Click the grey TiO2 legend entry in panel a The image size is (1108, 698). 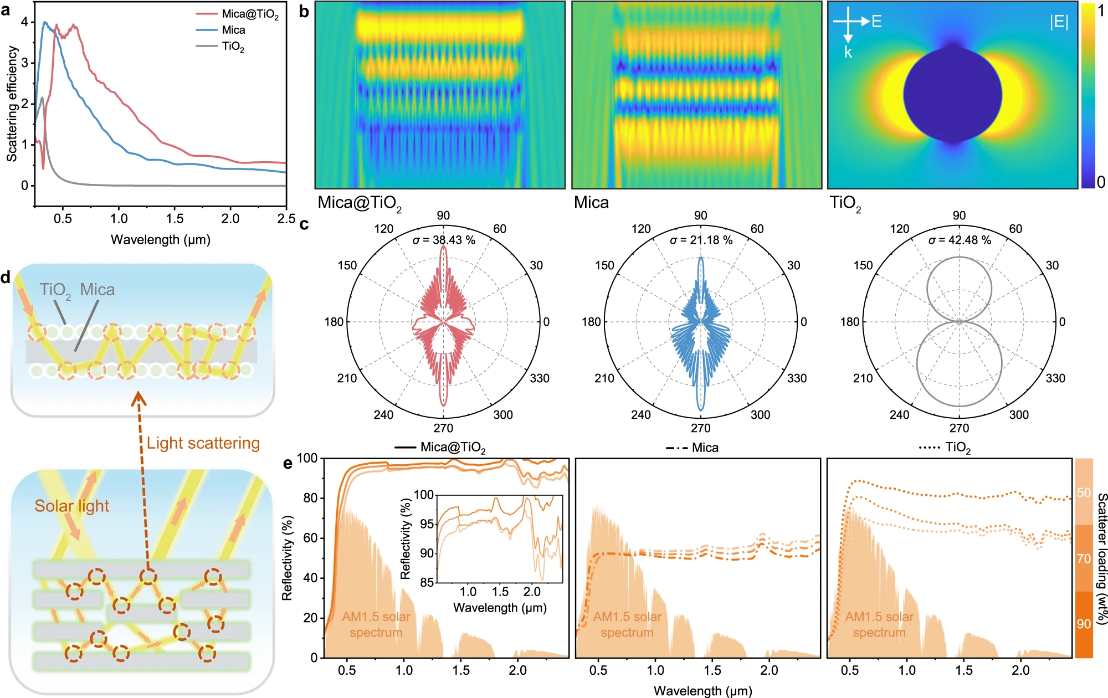pyautogui.click(x=233, y=47)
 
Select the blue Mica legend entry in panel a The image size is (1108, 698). pyautogui.click(x=233, y=30)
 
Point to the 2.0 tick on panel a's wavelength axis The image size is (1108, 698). pyautogui.click(x=230, y=219)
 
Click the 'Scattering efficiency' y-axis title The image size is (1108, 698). pyautogui.click(x=12, y=104)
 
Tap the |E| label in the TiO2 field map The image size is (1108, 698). pyautogui.click(x=1059, y=22)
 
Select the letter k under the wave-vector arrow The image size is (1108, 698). pyautogui.click(x=848, y=53)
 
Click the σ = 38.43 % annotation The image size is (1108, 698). pyautogui.click(x=444, y=240)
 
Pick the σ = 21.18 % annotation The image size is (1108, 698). pyautogui.click(x=701, y=240)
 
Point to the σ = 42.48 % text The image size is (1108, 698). pyautogui.click(x=960, y=240)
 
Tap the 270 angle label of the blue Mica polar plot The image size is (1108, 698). pyautogui.click(x=701, y=428)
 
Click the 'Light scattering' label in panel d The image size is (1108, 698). pyautogui.click(x=203, y=443)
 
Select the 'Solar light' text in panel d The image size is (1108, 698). pyautogui.click(x=71, y=506)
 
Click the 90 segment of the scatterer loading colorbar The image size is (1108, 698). pyautogui.click(x=1084, y=624)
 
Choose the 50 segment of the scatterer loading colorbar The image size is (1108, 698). pyautogui.click(x=1084, y=492)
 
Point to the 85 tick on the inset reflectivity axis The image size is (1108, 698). pyautogui.click(x=427, y=582)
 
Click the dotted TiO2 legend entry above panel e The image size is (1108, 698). pyautogui.click(x=945, y=448)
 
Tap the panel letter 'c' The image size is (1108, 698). pyautogui.click(x=304, y=224)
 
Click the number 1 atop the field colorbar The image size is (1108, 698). pyautogui.click(x=1101, y=11)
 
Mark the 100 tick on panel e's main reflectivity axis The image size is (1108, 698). pyautogui.click(x=307, y=458)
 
